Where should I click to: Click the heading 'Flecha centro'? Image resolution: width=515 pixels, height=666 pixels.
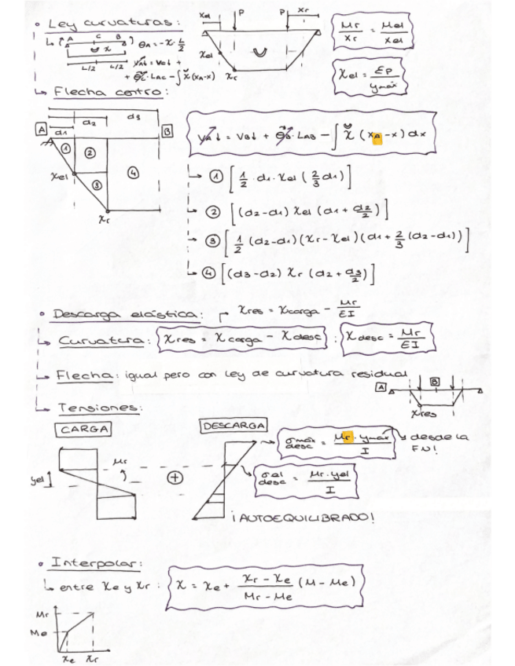click(109, 93)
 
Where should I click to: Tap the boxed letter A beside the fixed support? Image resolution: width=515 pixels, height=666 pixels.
click(39, 130)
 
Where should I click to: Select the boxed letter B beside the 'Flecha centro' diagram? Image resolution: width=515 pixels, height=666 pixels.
click(167, 130)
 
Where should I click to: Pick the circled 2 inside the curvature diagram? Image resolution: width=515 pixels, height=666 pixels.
click(90, 152)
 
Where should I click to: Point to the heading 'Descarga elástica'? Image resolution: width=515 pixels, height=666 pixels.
click(125, 315)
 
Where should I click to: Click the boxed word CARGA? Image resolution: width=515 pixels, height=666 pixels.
click(83, 429)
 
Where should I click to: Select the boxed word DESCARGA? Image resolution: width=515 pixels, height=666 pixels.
click(234, 426)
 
